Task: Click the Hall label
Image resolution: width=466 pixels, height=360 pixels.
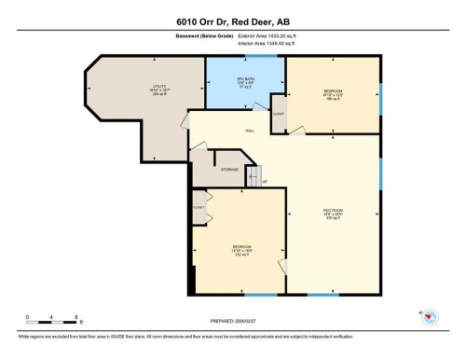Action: (250, 131)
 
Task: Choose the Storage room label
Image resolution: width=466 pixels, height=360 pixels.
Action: (228, 169)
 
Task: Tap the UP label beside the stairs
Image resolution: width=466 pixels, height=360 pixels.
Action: (264, 181)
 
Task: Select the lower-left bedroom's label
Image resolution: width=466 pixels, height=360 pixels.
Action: (242, 250)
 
